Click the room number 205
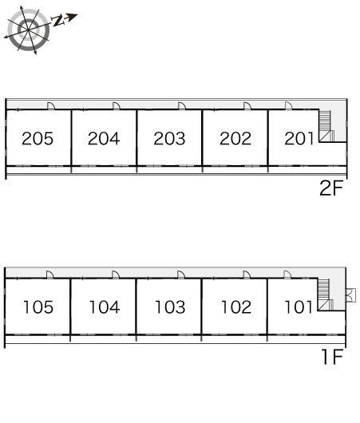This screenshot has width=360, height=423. (x=38, y=139)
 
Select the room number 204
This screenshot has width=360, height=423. (x=104, y=139)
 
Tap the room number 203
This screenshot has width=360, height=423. (x=169, y=139)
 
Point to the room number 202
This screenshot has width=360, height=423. (x=235, y=139)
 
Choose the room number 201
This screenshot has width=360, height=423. (x=299, y=139)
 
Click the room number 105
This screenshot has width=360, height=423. (x=38, y=307)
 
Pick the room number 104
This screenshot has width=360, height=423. (x=105, y=307)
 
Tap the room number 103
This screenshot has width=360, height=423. (x=170, y=307)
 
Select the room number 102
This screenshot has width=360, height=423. (x=236, y=307)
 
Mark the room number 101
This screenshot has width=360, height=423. (x=299, y=307)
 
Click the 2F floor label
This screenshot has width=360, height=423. (x=331, y=188)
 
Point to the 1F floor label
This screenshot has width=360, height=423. (x=333, y=357)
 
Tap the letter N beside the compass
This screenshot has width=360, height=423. (x=57, y=21)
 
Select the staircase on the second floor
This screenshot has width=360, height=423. (x=326, y=126)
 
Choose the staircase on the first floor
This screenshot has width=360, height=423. (x=325, y=295)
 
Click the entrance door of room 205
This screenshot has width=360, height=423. (x=51, y=106)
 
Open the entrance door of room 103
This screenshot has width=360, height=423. (x=181, y=275)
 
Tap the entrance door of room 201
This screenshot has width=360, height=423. (x=288, y=106)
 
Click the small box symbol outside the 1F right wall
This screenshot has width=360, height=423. (x=351, y=295)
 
